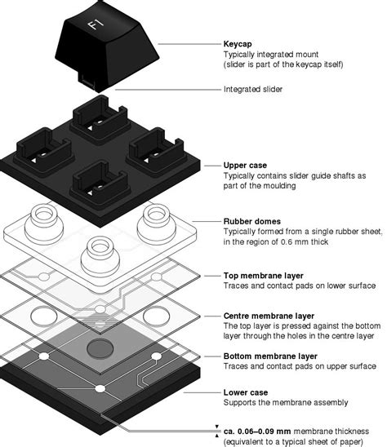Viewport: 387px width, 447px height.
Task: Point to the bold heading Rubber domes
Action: click(x=251, y=220)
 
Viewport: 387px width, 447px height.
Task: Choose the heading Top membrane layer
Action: click(x=265, y=276)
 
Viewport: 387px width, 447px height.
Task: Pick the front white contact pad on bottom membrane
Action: click(x=99, y=388)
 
